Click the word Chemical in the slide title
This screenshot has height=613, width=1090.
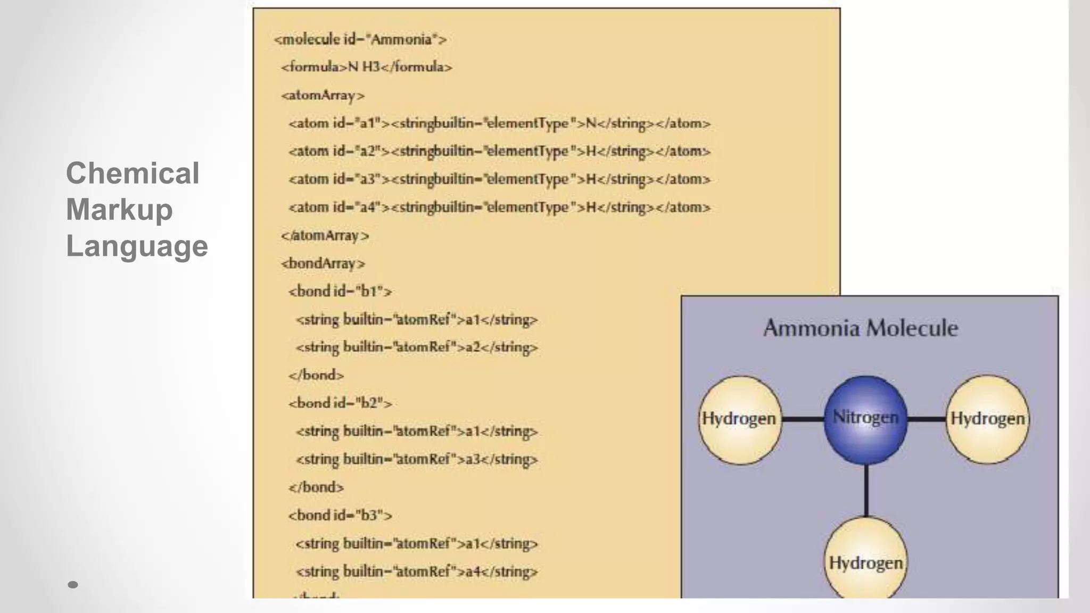click(133, 173)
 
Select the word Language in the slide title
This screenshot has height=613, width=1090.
click(137, 246)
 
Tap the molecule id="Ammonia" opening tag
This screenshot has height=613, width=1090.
click(360, 39)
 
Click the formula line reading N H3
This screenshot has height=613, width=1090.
click(366, 67)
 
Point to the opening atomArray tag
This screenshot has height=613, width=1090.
click(323, 95)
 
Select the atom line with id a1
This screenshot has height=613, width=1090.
click(499, 123)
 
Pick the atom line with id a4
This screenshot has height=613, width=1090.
click(499, 207)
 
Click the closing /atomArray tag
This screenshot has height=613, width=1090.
click(325, 235)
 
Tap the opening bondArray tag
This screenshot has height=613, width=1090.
click(323, 263)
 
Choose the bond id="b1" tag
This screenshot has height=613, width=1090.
click(340, 291)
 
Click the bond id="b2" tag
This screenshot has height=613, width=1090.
click(340, 403)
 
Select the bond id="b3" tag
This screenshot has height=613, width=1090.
click(340, 515)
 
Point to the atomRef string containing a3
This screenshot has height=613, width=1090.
click(416, 459)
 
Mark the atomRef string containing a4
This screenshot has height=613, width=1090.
click(416, 571)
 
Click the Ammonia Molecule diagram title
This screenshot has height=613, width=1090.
click(861, 328)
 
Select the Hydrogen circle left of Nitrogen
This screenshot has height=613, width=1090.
click(739, 419)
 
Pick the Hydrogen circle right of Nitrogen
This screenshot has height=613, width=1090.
click(987, 419)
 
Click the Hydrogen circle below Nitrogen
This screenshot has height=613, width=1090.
click(865, 561)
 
